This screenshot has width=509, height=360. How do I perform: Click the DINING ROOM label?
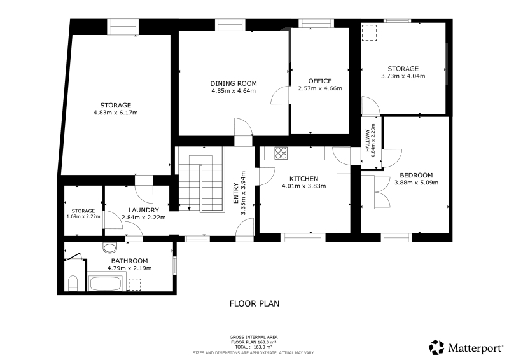point(234,83)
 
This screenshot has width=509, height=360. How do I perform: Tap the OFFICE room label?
point(320,81)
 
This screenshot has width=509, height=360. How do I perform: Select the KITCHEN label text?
point(304,179)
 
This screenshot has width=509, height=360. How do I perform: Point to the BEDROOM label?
point(416,176)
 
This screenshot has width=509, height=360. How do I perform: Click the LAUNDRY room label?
point(144,211)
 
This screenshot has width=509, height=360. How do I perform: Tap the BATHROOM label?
point(130,261)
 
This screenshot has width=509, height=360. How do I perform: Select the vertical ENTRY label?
point(236,193)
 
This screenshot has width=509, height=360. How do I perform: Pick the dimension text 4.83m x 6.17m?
point(116,113)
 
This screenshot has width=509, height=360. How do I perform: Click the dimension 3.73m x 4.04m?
point(403,76)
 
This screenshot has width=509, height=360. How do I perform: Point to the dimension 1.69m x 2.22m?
point(83,216)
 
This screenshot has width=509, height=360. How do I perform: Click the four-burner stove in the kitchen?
point(281,153)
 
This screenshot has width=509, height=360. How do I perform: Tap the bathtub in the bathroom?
point(106,284)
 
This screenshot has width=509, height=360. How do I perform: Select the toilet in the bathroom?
point(73,284)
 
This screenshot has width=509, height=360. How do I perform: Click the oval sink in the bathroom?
point(109,247)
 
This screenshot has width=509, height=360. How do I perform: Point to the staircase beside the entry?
point(201,179)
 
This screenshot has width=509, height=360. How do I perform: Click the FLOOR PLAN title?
point(254,303)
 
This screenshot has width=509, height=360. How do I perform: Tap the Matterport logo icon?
point(436,347)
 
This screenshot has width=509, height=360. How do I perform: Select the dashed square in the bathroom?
point(135,284)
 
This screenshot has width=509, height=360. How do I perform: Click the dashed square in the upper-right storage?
point(370,33)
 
